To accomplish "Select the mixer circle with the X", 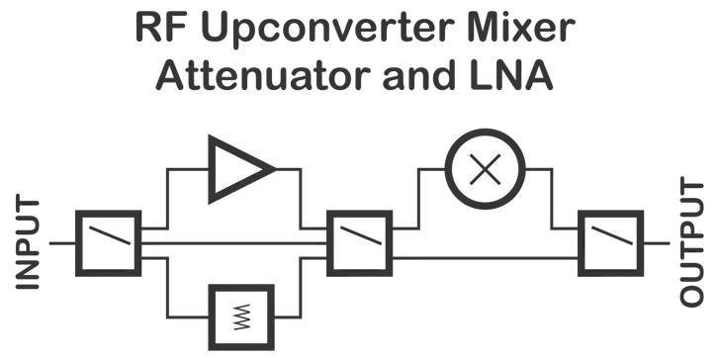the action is pos(483,168).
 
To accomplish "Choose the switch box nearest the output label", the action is pos(609,240).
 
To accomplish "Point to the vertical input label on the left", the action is pos(18,242).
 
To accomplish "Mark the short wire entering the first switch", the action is pos(60,240).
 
